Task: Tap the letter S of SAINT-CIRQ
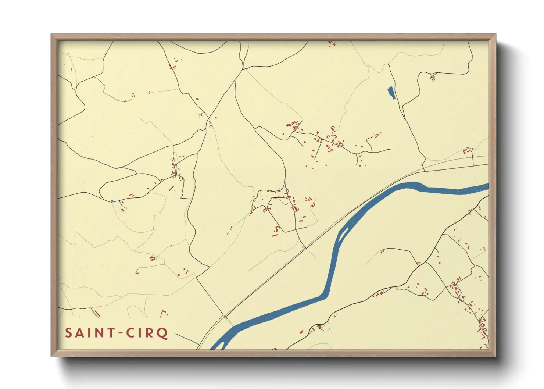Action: tap(69, 333)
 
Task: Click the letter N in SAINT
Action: tap(99, 333)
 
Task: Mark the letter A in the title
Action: tap(80, 333)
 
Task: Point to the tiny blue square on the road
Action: tap(112, 201)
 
